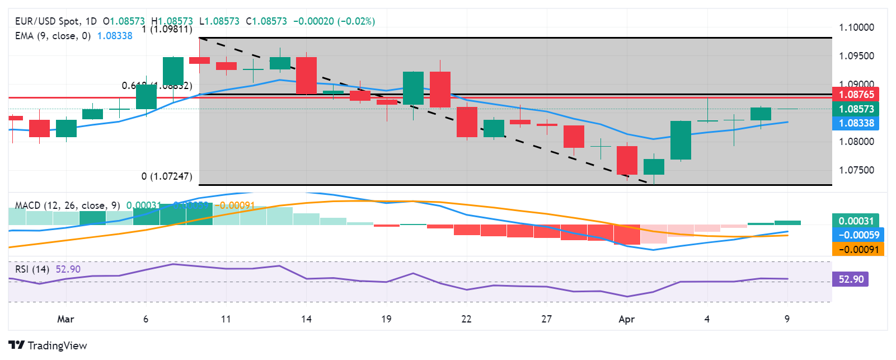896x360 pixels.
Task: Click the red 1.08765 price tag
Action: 856,95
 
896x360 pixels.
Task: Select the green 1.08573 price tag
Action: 856,109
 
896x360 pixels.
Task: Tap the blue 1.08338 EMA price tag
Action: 856,123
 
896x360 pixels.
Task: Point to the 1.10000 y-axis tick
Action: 856,27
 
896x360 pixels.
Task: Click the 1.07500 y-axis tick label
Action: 856,170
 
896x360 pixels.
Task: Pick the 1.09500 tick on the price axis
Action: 856,56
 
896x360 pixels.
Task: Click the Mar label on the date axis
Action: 65,319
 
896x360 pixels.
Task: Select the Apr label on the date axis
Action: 626,319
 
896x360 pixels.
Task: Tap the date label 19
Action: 386,319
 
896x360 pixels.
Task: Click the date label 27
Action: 546,319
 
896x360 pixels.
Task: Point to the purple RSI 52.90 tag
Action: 851,279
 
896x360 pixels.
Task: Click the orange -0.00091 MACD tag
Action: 858,250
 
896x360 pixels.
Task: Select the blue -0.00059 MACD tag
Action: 858,235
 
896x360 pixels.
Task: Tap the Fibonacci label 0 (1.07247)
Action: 167,176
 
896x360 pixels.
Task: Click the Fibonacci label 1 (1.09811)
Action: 167,29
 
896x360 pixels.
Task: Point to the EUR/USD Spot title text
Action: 47,21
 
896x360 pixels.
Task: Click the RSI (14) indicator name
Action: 32,269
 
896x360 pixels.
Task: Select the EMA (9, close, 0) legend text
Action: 53,36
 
